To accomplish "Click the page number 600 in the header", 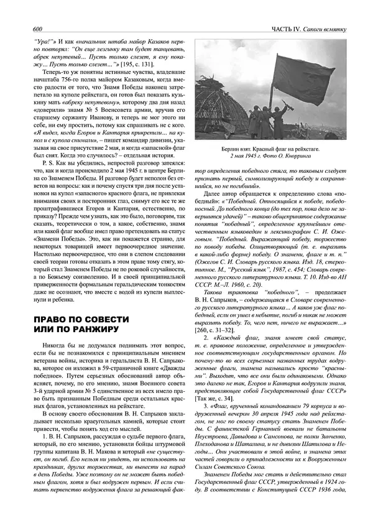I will click(x=37, y=30).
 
